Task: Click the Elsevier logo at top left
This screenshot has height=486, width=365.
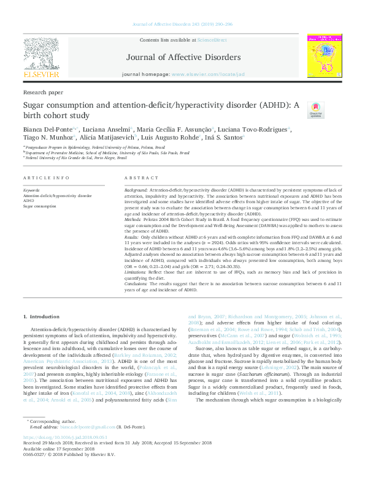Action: pos(41,61)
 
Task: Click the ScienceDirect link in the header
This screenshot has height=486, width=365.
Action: pos(212,39)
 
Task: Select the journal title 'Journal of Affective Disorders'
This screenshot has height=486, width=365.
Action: pos(182,57)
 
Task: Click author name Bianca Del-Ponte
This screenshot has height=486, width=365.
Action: pos(48,129)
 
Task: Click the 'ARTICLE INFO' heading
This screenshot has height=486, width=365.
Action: pos(46,178)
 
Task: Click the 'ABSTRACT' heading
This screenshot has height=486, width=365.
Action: pos(142,178)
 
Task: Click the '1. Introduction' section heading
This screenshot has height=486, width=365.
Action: pos(42,316)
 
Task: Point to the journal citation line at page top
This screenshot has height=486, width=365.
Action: pos(182,24)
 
